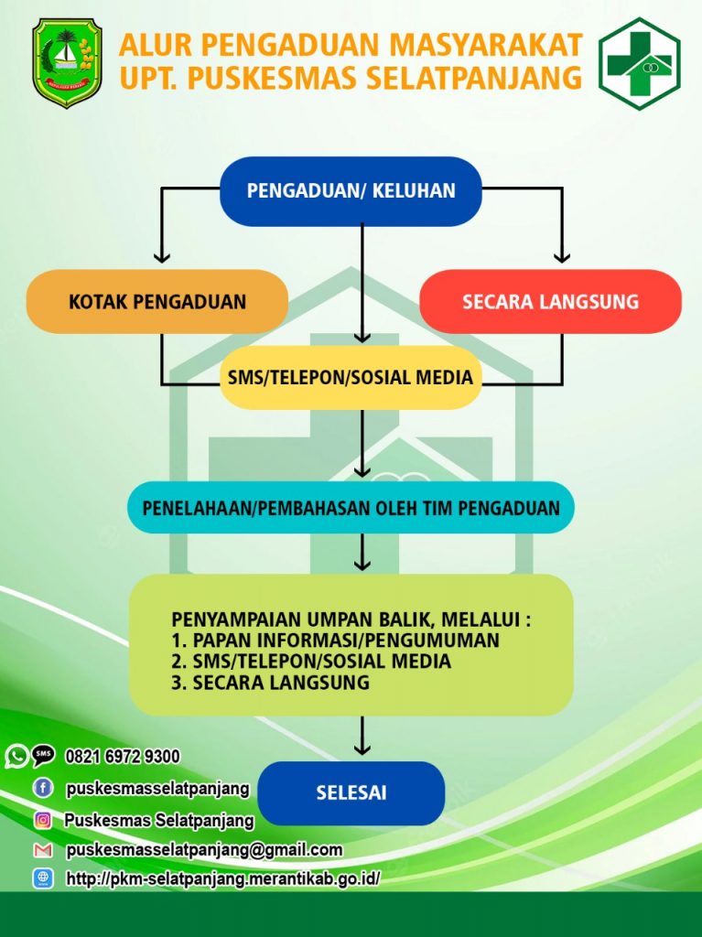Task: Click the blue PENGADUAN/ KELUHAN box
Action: coord(351,191)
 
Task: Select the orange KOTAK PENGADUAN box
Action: coord(157,301)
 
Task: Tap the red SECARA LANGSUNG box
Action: coord(550,301)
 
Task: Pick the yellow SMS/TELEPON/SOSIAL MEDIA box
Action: coord(351,377)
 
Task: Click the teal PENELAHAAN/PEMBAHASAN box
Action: coord(351,507)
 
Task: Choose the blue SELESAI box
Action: coord(351,793)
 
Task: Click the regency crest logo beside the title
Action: coord(67,63)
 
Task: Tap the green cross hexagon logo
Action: coord(639,63)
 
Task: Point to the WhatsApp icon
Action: coord(16,757)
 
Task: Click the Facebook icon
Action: coord(43,788)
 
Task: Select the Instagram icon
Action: coord(43,820)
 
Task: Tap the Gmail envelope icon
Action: coord(43,850)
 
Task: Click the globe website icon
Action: coord(43,878)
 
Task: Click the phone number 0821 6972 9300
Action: coord(123,757)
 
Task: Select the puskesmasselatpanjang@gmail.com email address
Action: coord(204,850)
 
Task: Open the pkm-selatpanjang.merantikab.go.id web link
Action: coord(223,879)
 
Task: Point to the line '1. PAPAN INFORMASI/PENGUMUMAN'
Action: coord(335,640)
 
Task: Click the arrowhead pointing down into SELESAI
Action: coord(362,749)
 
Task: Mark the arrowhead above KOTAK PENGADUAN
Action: coord(161,256)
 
